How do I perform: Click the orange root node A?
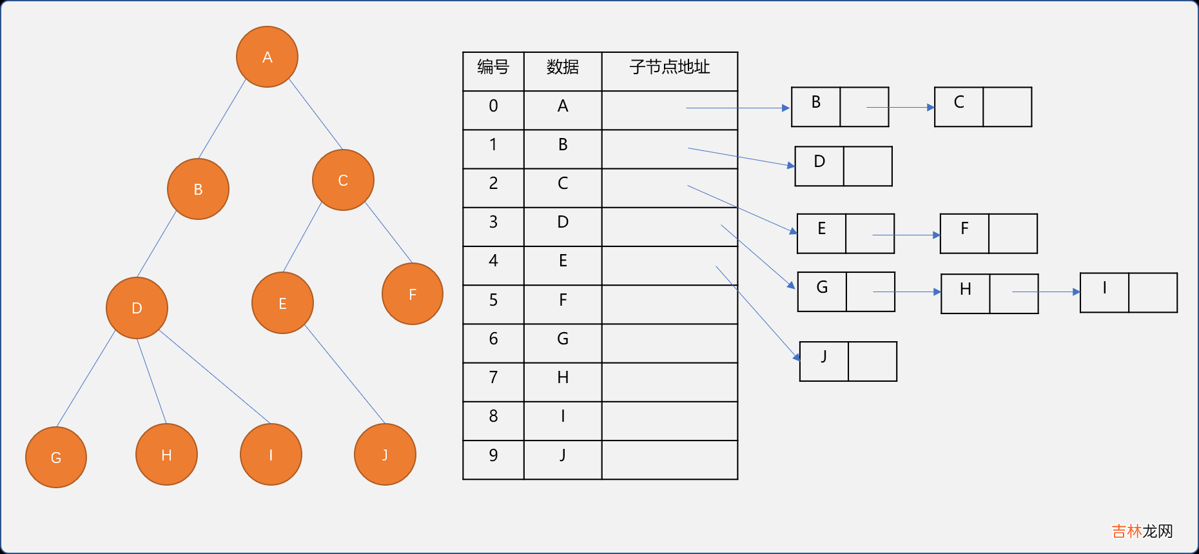tap(267, 57)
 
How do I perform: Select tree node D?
tap(137, 308)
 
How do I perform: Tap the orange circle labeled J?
tap(385, 454)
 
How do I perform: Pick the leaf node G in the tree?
tap(56, 457)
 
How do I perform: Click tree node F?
tap(413, 294)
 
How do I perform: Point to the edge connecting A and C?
tap(315, 114)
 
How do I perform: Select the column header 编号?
tap(493, 67)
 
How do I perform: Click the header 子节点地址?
tap(669, 67)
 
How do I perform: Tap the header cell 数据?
tap(562, 67)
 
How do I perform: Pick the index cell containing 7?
tap(493, 378)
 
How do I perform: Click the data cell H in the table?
tap(563, 378)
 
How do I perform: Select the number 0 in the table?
tap(493, 106)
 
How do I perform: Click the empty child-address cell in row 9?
tap(669, 460)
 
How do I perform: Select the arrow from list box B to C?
tap(900, 107)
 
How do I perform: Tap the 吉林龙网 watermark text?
tap(1142, 531)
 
